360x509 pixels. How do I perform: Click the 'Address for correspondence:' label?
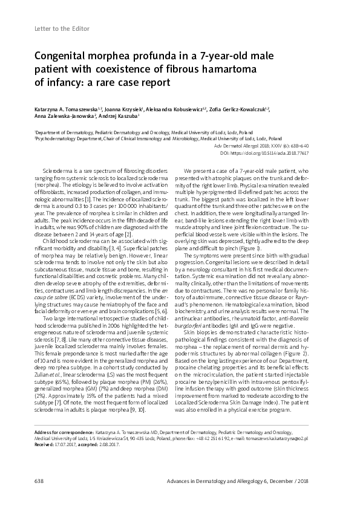coord(59,433)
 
